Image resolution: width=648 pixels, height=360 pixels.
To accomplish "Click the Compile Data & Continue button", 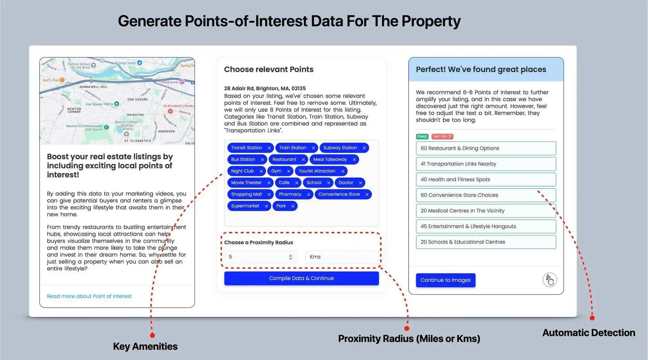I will click(301, 278).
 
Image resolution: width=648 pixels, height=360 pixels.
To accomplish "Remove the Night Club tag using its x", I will click(261, 171).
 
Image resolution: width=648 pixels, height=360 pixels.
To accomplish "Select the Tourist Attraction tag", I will click(317, 171).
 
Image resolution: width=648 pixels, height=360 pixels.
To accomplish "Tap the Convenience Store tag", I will click(339, 194).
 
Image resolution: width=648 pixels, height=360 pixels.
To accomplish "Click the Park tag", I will click(281, 206).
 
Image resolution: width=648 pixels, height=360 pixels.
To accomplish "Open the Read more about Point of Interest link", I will click(89, 296).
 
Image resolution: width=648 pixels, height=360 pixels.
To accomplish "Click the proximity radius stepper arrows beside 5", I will click(291, 257).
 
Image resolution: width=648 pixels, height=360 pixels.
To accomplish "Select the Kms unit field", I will click(341, 257).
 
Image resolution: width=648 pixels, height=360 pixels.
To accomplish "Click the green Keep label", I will click(422, 136).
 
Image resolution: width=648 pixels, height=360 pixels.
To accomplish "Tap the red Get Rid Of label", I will click(442, 136).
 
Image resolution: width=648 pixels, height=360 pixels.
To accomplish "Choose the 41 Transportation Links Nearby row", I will click(486, 164).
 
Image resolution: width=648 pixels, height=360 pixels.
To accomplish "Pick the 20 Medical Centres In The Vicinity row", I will click(486, 211).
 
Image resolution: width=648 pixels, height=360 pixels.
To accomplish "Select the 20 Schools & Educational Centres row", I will click(486, 242).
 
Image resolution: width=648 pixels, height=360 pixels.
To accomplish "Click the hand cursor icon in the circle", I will click(549, 280).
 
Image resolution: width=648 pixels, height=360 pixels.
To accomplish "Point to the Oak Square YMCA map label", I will click(99, 104).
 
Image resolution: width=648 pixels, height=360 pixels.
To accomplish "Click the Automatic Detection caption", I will click(588, 333).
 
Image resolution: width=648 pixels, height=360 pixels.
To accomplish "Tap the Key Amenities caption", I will click(145, 347).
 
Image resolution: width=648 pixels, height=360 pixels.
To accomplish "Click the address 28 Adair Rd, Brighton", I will click(265, 89).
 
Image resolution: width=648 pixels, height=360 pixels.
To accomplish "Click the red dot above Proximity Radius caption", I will click(407, 328).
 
